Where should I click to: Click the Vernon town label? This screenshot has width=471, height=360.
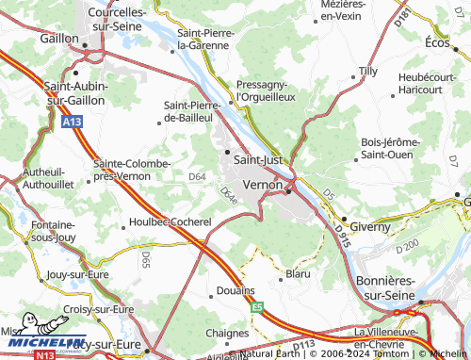(262, 186)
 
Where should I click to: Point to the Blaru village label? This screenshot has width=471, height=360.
(297, 274)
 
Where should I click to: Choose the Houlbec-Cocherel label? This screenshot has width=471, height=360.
(170, 222)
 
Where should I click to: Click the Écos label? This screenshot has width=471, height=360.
(439, 42)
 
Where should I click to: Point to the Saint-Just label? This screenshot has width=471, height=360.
(257, 160)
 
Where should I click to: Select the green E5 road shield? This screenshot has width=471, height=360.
(256, 306)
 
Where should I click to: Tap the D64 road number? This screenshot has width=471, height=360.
(197, 176)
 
